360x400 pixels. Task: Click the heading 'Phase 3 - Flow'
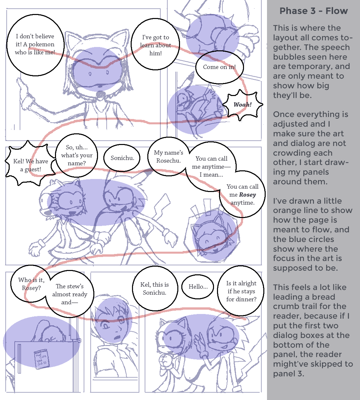click(314, 11)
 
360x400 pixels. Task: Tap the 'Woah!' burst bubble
click(243, 105)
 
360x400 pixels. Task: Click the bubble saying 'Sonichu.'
click(122, 158)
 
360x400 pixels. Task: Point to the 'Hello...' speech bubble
click(198, 287)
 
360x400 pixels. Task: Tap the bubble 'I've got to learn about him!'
click(155, 44)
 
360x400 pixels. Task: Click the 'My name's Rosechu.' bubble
click(169, 157)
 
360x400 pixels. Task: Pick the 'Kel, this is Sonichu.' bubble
click(155, 288)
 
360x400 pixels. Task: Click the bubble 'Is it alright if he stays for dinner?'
click(241, 291)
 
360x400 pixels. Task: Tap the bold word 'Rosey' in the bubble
click(247, 195)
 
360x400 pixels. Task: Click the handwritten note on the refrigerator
click(42, 359)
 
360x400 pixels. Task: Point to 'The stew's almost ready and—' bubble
click(70, 294)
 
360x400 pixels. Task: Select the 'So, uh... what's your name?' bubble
click(77, 155)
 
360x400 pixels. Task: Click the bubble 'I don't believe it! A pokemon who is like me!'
click(35, 45)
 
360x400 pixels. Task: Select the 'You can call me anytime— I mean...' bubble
click(211, 167)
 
